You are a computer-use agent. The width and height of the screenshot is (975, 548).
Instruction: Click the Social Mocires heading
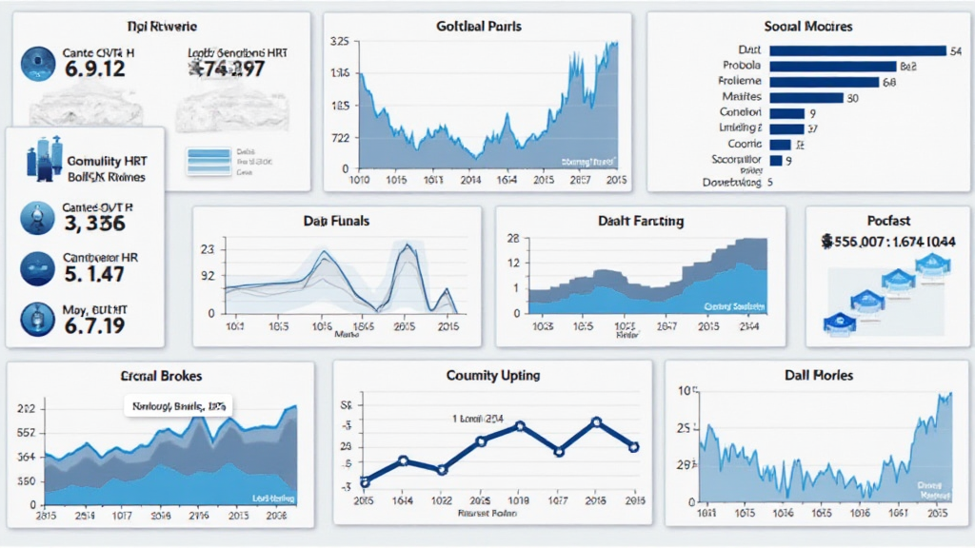[x=807, y=26]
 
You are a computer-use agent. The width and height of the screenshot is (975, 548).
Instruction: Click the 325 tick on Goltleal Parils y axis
[x=338, y=42]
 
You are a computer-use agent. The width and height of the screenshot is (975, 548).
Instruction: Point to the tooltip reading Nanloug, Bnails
[x=179, y=406]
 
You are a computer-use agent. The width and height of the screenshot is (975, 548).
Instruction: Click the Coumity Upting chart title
[x=493, y=375]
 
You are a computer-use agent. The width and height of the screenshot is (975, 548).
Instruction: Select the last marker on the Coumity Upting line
[x=633, y=446]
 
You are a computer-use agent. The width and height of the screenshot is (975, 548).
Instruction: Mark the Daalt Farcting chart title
[x=641, y=221]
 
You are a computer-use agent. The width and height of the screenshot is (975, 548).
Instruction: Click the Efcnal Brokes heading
[x=162, y=376]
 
